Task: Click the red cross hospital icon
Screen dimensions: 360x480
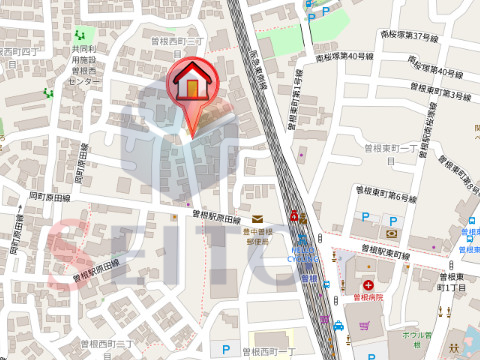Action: coord(368,285)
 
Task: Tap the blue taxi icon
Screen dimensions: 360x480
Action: coord(339,325)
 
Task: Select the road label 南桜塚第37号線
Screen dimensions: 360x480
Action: coord(404,36)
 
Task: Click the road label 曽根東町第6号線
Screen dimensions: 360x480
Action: coord(384,193)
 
